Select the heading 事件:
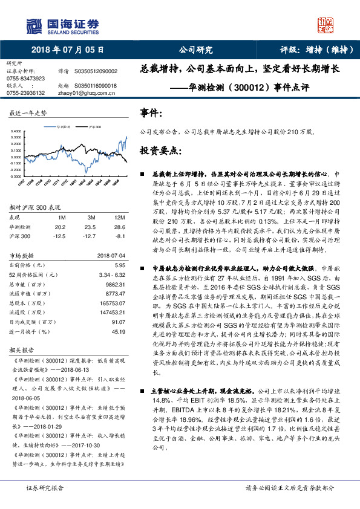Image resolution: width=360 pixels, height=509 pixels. point(151,113)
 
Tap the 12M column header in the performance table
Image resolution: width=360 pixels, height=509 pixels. point(119,217)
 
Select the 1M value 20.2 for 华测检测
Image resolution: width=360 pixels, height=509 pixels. point(61,226)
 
